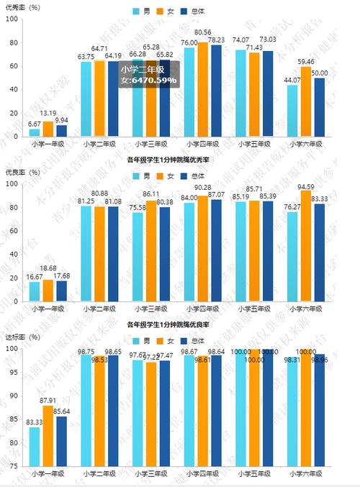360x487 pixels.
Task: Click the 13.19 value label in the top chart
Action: (x=48, y=113)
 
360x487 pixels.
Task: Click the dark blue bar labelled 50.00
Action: (x=319, y=107)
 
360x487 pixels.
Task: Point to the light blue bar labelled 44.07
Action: (x=293, y=111)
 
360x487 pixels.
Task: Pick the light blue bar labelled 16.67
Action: (x=34, y=292)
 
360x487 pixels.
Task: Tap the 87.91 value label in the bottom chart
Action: (x=48, y=401)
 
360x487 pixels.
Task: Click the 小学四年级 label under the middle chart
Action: (x=202, y=309)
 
